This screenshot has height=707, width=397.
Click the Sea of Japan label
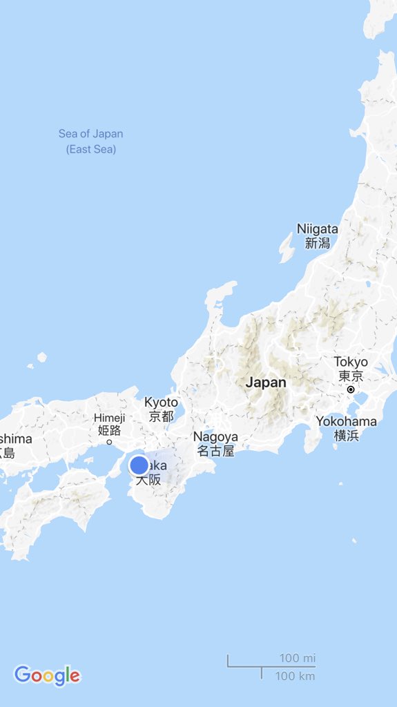pos(90,134)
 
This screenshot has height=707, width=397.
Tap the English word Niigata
pos(318,229)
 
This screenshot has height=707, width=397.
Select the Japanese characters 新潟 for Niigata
pos(318,243)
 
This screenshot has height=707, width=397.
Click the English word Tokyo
pos(351,362)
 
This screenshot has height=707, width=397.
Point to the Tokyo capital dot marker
pos(351,390)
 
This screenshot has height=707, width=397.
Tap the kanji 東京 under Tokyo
pos(351,376)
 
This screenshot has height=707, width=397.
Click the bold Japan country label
pos(266,382)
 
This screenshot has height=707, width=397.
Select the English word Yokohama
pos(347,421)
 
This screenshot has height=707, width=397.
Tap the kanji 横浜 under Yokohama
pos(346,435)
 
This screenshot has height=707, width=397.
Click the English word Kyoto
pos(161,402)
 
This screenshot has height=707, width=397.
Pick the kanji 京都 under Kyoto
pos(161,416)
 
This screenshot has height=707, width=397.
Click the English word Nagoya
pos(215,436)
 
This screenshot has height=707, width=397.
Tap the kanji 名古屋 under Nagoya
pos(215,452)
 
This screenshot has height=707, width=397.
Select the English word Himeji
pos(110,418)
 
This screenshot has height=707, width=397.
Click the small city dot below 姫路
pos(109,442)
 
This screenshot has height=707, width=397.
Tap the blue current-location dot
pos(139,465)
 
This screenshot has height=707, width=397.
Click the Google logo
pos(47,675)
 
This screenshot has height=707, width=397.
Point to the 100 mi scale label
pos(297,658)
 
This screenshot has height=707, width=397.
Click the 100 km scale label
pos(296,676)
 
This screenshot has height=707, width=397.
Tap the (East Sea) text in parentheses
pos(91,149)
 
